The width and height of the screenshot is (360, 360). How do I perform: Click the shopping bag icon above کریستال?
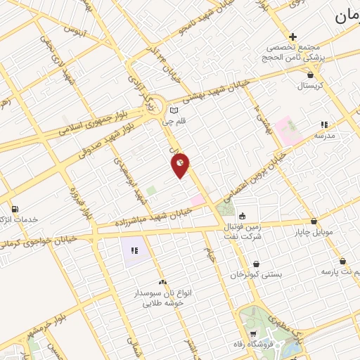click(x=310, y=73)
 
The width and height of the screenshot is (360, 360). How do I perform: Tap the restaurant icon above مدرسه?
click(x=323, y=124)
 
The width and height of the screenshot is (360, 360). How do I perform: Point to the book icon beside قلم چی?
click(x=174, y=110)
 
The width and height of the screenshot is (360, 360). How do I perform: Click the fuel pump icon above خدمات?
click(x=15, y=209)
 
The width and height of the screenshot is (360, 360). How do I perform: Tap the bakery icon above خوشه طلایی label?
click(x=162, y=281)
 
